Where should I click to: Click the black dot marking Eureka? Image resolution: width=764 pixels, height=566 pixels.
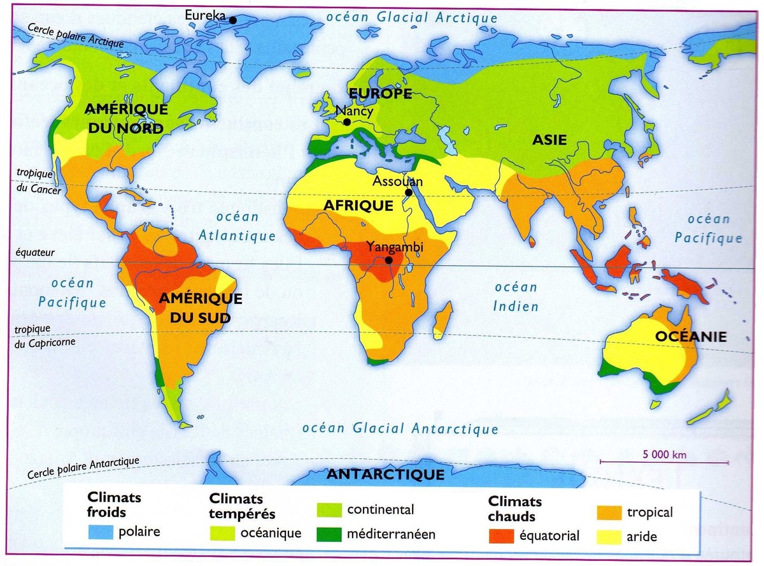(x=233, y=20)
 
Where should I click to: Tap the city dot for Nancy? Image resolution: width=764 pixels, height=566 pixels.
(x=347, y=122)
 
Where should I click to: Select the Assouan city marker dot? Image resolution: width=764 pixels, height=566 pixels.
(x=408, y=192)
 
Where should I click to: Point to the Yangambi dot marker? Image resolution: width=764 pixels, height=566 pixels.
(x=388, y=260)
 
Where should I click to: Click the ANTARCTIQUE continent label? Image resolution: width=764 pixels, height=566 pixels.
(x=385, y=475)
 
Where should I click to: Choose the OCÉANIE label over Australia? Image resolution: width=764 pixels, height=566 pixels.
(x=691, y=337)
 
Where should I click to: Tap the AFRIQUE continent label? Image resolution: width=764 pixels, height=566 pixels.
(x=358, y=206)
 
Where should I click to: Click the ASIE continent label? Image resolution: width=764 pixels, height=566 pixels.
(x=549, y=140)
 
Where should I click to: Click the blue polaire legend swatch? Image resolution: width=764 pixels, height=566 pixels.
(x=101, y=532)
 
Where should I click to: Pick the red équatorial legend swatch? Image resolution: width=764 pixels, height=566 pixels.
(x=502, y=535)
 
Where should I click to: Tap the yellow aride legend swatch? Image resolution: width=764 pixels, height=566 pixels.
(x=609, y=536)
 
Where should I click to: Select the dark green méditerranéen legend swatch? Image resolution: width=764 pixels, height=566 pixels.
(x=329, y=533)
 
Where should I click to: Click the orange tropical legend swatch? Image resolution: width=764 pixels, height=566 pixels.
(x=609, y=512)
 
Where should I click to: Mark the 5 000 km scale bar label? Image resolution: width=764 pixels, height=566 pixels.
(x=664, y=454)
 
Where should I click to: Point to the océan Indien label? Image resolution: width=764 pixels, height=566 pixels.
(x=516, y=297)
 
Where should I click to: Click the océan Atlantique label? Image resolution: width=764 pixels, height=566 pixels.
(x=237, y=226)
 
